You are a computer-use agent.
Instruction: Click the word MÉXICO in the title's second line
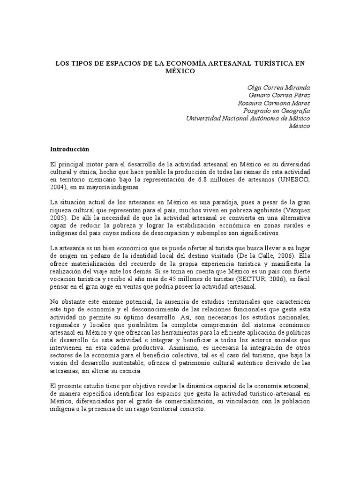[180, 71]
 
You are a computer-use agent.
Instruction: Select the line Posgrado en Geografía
[277, 111]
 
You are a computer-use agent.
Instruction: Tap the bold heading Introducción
[69, 149]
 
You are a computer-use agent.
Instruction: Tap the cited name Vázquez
[295, 210]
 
